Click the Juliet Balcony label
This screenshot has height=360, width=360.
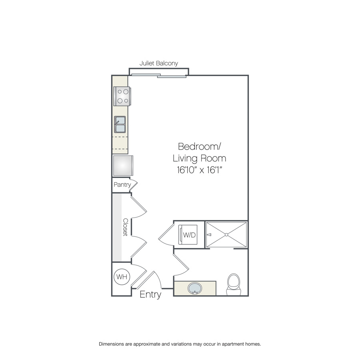(x=159, y=63)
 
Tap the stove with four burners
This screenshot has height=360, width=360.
(x=122, y=96)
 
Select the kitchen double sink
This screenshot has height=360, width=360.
(x=120, y=124)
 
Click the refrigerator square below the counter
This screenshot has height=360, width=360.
(x=123, y=165)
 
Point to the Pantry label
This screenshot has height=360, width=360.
(x=122, y=184)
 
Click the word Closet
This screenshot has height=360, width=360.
(x=125, y=227)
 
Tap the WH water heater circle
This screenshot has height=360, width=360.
(x=122, y=277)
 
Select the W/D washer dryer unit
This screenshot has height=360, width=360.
(x=188, y=235)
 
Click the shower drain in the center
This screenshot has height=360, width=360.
(x=226, y=235)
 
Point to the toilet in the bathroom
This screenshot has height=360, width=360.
(x=234, y=284)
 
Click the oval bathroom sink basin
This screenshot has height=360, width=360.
(x=195, y=288)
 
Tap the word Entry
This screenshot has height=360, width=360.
(x=150, y=294)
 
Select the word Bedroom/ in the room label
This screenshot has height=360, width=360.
(x=199, y=146)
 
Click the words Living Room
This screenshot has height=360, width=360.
(x=199, y=158)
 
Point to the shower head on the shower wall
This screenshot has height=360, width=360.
(x=209, y=235)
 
